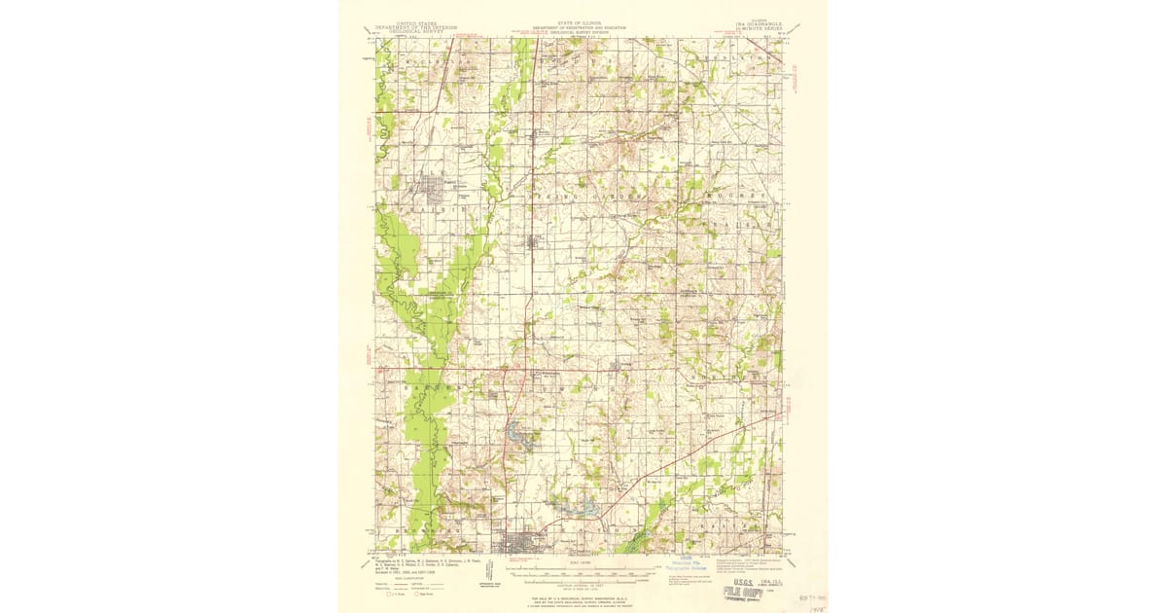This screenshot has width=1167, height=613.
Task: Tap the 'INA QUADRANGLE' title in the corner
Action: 760,23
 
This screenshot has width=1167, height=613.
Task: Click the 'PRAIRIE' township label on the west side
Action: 425,208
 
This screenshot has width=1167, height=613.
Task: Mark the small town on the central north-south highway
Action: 532,241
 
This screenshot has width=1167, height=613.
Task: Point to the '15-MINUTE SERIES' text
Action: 760,29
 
